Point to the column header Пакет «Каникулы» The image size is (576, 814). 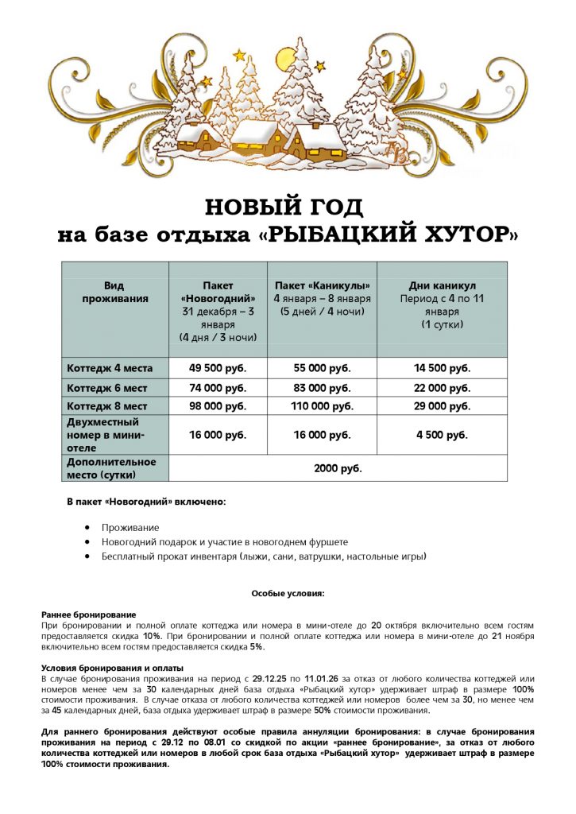(323, 285)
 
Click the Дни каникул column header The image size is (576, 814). (442, 285)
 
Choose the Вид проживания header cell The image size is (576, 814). (115, 292)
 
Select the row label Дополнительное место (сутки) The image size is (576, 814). (111, 467)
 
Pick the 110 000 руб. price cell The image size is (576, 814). (323, 406)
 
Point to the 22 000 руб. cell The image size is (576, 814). (442, 388)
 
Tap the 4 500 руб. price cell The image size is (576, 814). (442, 435)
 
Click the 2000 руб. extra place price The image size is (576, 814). (338, 468)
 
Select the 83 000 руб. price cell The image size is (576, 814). (323, 388)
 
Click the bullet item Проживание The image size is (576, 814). (130, 527)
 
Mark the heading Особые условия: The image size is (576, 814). (288, 593)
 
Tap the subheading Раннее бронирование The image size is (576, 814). (88, 614)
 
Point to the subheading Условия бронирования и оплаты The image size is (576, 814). (112, 668)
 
